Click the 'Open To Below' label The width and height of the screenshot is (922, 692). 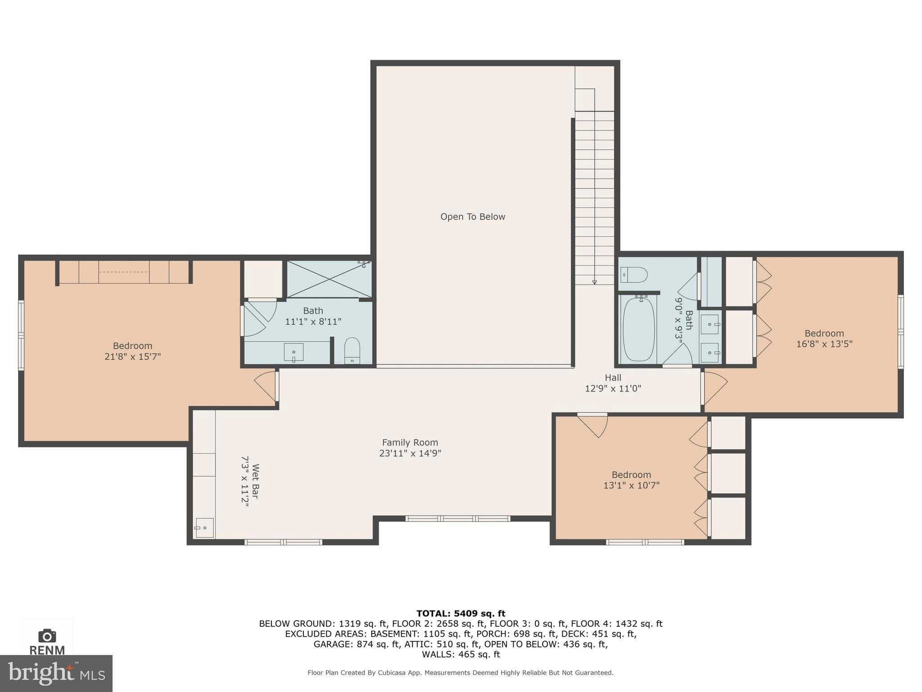pos(472,217)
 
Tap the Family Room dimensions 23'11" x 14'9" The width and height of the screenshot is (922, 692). pos(410,453)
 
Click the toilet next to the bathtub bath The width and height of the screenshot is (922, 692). pos(634,273)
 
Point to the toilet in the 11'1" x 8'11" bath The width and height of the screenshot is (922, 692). pos(352,350)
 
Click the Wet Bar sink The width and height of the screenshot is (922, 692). pos(204,528)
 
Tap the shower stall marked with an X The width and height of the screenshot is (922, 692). pos(330,279)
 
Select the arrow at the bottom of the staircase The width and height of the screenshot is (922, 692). pos(594,282)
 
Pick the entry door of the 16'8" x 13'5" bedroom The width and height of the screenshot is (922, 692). pos(715,387)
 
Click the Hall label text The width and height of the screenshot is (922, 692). pos(613,378)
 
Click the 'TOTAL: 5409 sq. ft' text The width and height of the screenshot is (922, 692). pos(461,613)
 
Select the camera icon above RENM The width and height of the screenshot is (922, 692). pos(47,636)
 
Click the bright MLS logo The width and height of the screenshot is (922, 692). pos(56,673)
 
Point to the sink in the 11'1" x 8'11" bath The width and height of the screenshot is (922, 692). pos(294,352)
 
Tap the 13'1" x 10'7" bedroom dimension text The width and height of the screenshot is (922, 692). pos(631,485)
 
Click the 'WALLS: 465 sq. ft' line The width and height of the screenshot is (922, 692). pos(461,654)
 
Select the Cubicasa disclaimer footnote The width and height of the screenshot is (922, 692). pos(461,673)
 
